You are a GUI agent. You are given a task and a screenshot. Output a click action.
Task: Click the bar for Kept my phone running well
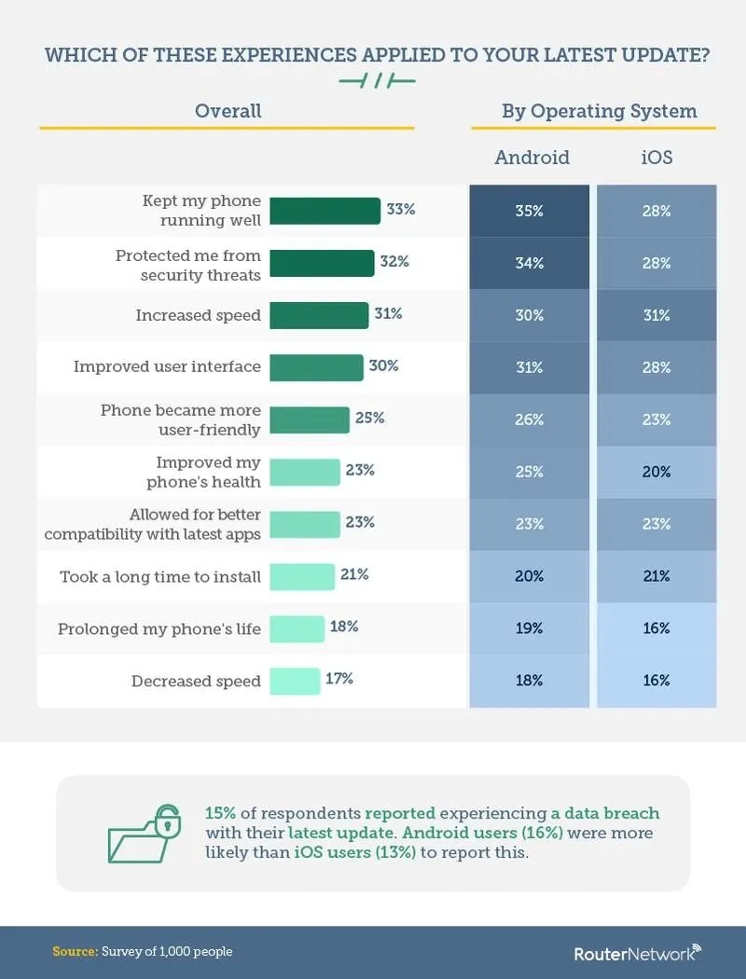point(325,211)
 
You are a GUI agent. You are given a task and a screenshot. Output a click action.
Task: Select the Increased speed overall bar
point(319,315)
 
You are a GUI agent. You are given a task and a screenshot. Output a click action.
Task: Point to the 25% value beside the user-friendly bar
point(369,418)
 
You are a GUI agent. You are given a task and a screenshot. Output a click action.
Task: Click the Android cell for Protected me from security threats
point(529,263)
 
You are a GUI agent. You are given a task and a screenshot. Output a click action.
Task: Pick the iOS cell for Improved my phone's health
point(656,472)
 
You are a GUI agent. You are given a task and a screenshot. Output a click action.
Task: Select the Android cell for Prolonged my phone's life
point(529,628)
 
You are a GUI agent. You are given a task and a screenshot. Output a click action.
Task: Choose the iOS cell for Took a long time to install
point(656,576)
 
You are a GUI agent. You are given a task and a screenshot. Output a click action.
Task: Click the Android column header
point(532,157)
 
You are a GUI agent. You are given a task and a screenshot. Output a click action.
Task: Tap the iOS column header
point(656,157)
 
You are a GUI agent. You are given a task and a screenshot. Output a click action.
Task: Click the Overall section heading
point(228,111)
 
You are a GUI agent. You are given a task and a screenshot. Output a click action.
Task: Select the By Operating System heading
point(599,111)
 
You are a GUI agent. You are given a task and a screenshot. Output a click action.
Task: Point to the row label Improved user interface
point(167,366)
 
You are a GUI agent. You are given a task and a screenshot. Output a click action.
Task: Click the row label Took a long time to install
point(160,576)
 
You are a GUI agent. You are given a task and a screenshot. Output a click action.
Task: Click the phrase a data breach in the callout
point(612,812)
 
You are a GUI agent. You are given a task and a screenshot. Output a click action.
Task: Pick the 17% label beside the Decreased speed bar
point(339,679)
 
